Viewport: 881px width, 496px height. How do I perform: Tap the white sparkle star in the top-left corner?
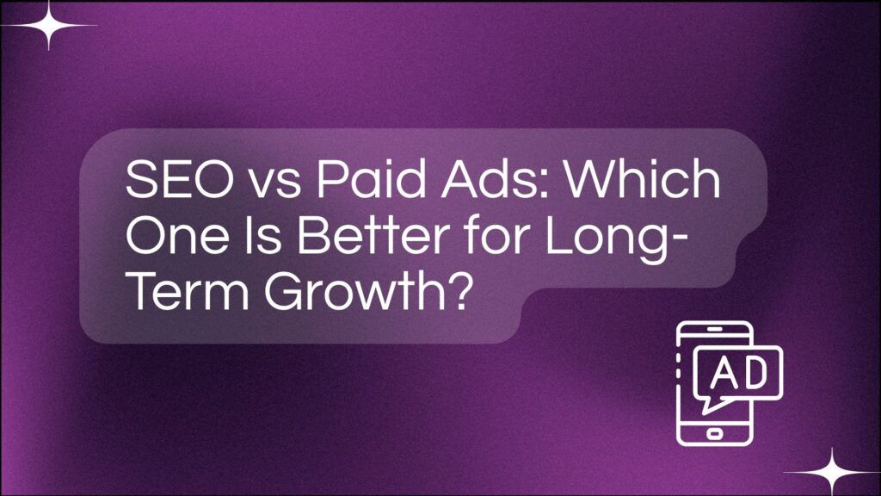point(48,24)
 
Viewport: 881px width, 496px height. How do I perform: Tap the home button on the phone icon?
point(713,429)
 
